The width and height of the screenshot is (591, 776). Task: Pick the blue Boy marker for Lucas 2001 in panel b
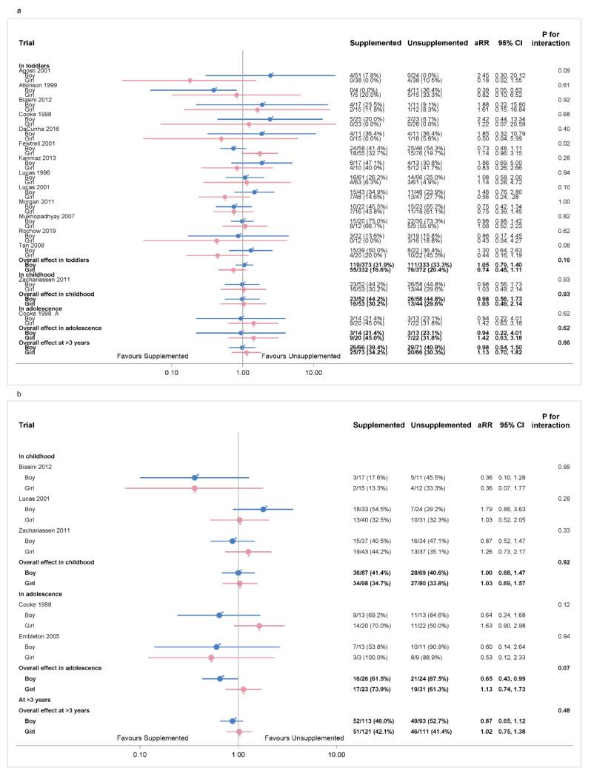tap(263, 509)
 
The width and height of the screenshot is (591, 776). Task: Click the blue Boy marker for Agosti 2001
tap(270, 75)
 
